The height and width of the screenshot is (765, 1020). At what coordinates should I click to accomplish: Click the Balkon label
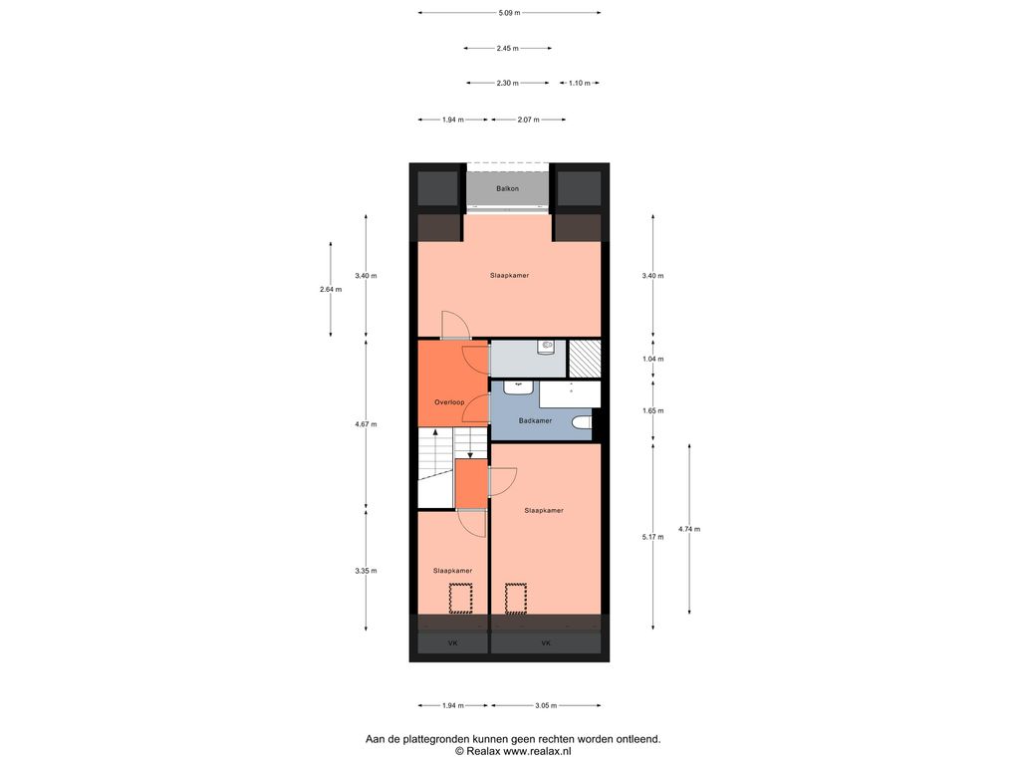(507, 188)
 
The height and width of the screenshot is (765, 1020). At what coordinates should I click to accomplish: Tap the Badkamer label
(535, 421)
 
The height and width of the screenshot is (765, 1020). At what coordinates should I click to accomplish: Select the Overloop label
(449, 402)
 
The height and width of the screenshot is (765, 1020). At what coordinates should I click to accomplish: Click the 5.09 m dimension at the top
(509, 12)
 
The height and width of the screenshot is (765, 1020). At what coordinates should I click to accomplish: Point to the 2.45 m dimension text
(507, 48)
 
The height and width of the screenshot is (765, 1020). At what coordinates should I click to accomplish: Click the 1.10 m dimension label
(580, 84)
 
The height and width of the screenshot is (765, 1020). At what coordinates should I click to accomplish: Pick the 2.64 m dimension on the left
(331, 290)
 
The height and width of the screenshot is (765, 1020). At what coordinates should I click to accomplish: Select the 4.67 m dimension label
(366, 424)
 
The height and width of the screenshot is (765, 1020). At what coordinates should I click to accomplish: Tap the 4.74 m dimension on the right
(689, 529)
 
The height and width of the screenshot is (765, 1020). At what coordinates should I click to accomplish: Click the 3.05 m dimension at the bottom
(546, 705)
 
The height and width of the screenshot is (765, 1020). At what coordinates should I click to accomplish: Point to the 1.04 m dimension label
(652, 359)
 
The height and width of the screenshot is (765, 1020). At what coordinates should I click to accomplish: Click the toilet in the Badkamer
(582, 422)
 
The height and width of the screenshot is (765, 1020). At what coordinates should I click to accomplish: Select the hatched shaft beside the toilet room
(585, 359)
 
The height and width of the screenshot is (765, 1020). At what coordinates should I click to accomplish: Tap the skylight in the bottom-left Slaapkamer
(460, 599)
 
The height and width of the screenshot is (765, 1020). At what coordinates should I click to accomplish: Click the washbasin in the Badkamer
(518, 387)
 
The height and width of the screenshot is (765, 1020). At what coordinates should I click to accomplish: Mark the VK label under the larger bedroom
(546, 643)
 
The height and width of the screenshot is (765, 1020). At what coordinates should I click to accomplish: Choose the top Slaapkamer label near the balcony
(509, 275)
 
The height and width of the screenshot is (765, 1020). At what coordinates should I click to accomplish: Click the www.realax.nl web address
(537, 751)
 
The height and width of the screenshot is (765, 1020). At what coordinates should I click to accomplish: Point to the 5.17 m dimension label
(652, 537)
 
